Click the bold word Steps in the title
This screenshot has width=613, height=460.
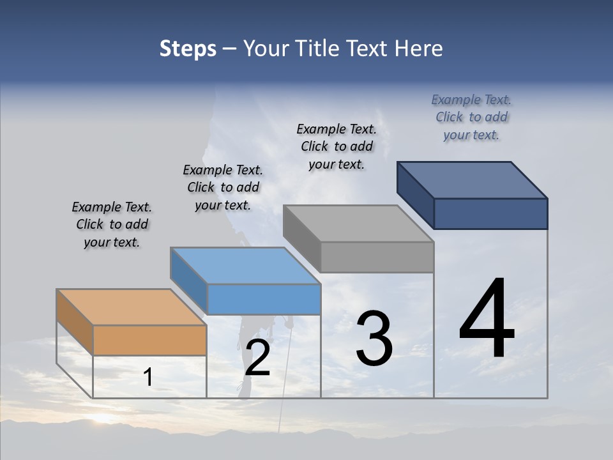(x=188, y=49)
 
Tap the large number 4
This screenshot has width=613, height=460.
(x=487, y=319)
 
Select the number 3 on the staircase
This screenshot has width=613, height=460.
(x=374, y=339)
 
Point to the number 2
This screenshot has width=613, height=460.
(x=258, y=358)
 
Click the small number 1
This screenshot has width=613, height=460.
(x=148, y=378)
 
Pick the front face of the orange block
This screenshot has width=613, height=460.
(x=149, y=340)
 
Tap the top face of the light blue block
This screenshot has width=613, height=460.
(x=245, y=265)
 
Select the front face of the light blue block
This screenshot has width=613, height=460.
(x=264, y=299)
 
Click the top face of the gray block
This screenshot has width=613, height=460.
(x=358, y=223)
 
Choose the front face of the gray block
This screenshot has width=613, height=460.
(x=377, y=257)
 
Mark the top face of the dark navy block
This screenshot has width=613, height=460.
(x=472, y=180)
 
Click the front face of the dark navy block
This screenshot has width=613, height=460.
(x=490, y=213)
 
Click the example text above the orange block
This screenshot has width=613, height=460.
(x=112, y=225)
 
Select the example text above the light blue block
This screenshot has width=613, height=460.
(x=223, y=188)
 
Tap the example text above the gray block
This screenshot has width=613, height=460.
(x=337, y=146)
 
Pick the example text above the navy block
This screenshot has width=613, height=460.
(x=471, y=117)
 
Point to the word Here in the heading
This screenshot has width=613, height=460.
(x=419, y=49)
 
